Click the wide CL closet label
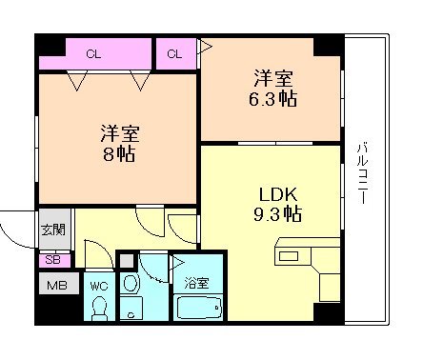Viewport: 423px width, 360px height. pos(93,53)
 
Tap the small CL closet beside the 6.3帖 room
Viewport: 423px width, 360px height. pos(174,53)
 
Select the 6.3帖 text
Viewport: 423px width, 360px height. pos(272,95)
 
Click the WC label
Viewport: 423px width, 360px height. pos(98,283)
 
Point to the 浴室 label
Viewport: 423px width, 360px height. pos(196,283)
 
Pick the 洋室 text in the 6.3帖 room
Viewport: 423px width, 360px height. pos(272,75)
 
